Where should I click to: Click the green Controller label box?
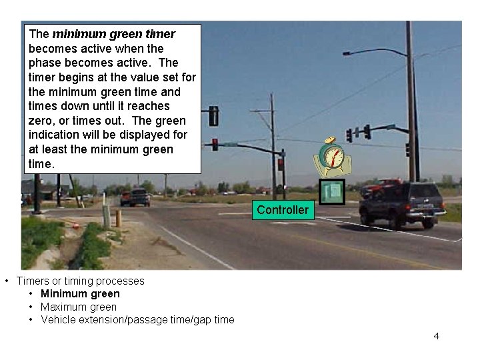coord(283,210)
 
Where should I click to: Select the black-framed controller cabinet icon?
coord(331,192)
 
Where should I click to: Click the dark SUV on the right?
coord(402,202)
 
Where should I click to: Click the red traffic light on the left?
coord(215,143)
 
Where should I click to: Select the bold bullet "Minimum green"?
coord(80,293)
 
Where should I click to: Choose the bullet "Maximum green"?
coord(78,307)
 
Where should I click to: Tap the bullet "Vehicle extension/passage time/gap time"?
coord(137,319)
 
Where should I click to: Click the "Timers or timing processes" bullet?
coord(80,281)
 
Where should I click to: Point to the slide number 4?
coord(437,335)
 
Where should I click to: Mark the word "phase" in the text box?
coord(45,63)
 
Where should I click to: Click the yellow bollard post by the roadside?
coord(118,218)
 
